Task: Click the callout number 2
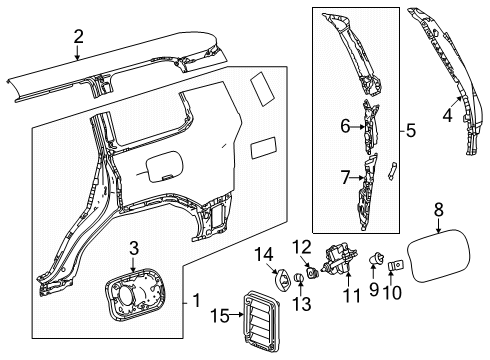pyautogui.click(x=78, y=37)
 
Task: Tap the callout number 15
pyautogui.click(x=220, y=315)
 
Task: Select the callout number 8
pyautogui.click(x=439, y=210)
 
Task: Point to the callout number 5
pyautogui.click(x=411, y=130)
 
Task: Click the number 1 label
pyautogui.click(x=197, y=300)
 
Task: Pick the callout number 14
pyautogui.click(x=264, y=255)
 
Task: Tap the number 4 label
pyautogui.click(x=448, y=115)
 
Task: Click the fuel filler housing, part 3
pyautogui.click(x=135, y=294)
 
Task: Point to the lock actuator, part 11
pyautogui.click(x=339, y=259)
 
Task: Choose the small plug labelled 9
pyautogui.click(x=376, y=258)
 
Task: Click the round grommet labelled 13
pyautogui.click(x=299, y=277)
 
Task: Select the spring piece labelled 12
pyautogui.click(x=313, y=272)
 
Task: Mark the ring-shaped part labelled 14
pyautogui.click(x=283, y=279)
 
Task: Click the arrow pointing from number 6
pyautogui.click(x=358, y=127)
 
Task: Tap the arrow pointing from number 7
pyautogui.click(x=357, y=178)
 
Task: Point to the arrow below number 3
pyautogui.click(x=133, y=264)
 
